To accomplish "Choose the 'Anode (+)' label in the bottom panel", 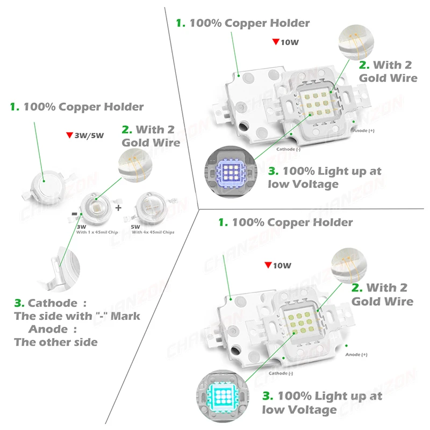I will point(356,354).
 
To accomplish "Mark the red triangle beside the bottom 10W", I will point(268,265).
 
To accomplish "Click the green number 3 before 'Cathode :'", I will point(17,303).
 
